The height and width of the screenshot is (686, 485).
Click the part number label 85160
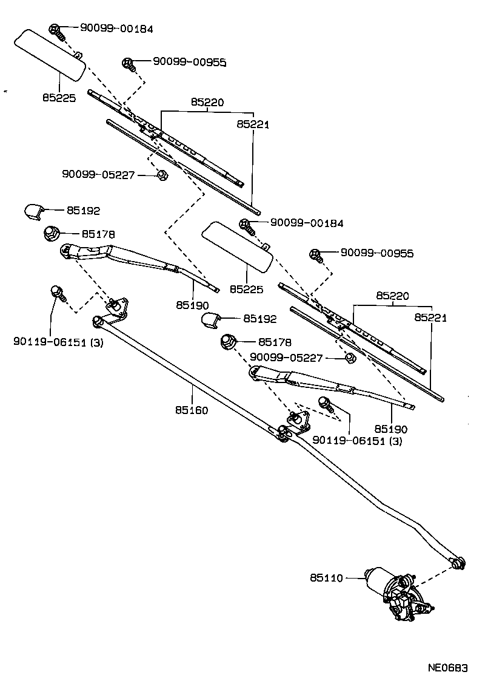click(192, 410)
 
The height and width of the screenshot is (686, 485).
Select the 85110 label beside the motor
click(327, 579)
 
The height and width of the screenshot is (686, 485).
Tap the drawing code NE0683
click(448, 668)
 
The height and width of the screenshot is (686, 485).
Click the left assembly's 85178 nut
click(51, 233)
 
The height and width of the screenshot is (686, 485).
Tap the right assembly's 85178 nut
click(229, 342)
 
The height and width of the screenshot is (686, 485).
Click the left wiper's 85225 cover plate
click(50, 53)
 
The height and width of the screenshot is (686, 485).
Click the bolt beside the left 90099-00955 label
click(129, 63)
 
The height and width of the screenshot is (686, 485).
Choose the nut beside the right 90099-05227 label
click(350, 358)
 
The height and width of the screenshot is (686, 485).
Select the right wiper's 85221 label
click(431, 318)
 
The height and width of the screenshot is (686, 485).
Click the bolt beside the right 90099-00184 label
click(246, 225)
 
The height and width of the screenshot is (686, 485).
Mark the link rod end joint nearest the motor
click(458, 562)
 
